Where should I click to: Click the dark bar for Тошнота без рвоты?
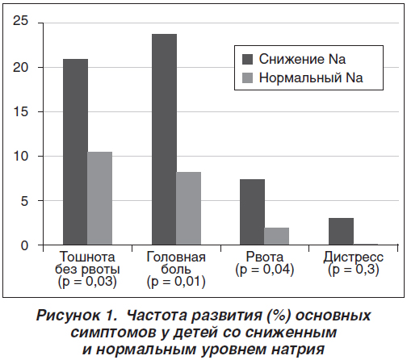pos(75,152)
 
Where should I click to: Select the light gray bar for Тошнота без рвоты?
pos(99,199)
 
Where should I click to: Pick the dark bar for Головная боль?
pos(164,140)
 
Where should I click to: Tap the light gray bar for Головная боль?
pos(188,208)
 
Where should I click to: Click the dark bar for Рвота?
pos(252,212)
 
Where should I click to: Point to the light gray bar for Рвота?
pos(276,237)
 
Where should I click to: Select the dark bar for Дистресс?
pos(341,232)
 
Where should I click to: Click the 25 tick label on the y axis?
pos(20,21)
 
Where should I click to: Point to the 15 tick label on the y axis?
pos(20,111)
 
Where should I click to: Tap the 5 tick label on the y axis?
pos(24,201)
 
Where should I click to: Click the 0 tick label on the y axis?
pos(24,245)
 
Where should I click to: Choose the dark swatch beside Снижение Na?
pos(247,59)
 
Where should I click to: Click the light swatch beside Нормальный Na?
pos(247,77)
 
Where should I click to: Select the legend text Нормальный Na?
pos(311,77)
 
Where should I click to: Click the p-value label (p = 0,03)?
pos(87,282)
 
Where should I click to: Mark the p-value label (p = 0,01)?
pos(176,282)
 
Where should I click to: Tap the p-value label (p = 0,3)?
pos(354,270)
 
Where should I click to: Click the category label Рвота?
pos(265,257)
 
